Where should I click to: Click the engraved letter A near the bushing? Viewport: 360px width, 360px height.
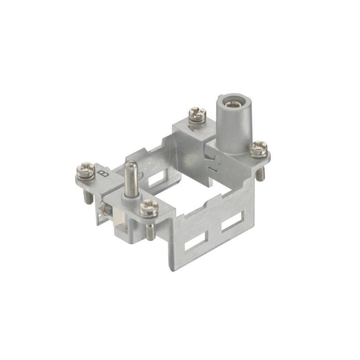[x=192, y=129]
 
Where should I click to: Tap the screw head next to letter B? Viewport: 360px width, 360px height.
[x=85, y=171]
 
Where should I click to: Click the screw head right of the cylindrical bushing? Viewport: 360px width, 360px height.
[x=258, y=147]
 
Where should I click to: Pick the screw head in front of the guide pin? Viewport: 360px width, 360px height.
[x=148, y=207]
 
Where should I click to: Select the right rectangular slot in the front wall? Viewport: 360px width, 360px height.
[x=233, y=224]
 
